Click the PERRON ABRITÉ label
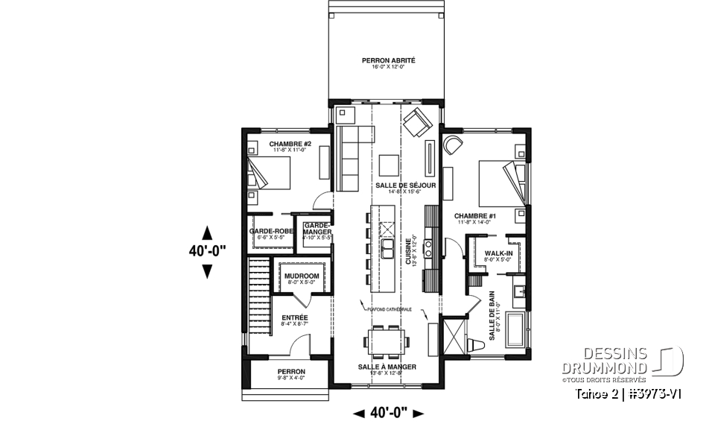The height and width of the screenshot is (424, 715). (388, 60)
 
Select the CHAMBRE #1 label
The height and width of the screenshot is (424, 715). (475, 216)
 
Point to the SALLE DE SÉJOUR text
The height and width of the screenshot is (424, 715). (407, 185)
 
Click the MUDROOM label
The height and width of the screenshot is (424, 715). (301, 275)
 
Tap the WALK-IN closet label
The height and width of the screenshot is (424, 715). (498, 253)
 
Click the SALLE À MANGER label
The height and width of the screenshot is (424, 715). (386, 367)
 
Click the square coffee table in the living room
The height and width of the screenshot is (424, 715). (388, 163)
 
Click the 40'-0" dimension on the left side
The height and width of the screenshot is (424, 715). (207, 252)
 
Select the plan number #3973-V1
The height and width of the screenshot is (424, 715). (655, 393)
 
